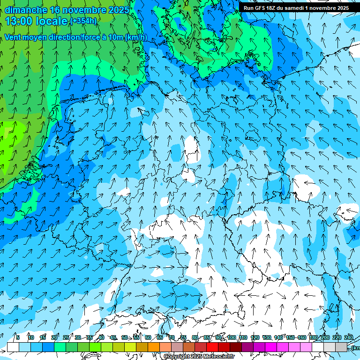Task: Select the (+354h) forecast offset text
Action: click(83, 21)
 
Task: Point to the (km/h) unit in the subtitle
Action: click(136, 37)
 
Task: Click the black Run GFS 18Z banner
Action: click(296, 7)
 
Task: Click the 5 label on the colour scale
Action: click(18, 337)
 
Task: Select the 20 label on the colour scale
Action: click(54, 337)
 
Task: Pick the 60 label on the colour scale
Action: click(148, 337)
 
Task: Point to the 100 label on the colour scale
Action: click(232, 337)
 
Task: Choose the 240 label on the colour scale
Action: click(349, 337)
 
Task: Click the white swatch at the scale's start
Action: click(13, 347)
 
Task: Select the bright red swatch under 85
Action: click(212, 347)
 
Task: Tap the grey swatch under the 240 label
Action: click(341, 347)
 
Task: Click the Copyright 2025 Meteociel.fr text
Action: click(199, 357)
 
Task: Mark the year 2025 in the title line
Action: click(118, 10)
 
